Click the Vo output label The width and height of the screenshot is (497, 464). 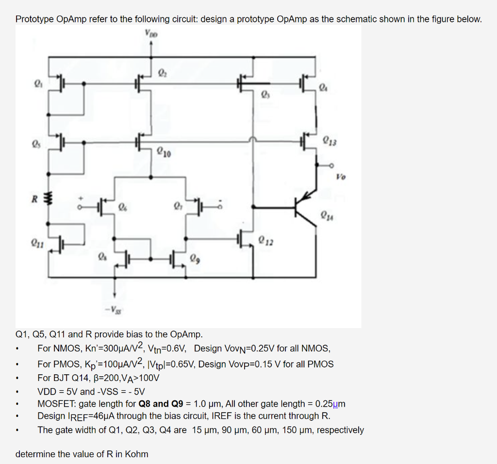point(340,178)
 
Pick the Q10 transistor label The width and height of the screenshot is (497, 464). point(164,154)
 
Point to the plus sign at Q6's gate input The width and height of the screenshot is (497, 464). point(82,199)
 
